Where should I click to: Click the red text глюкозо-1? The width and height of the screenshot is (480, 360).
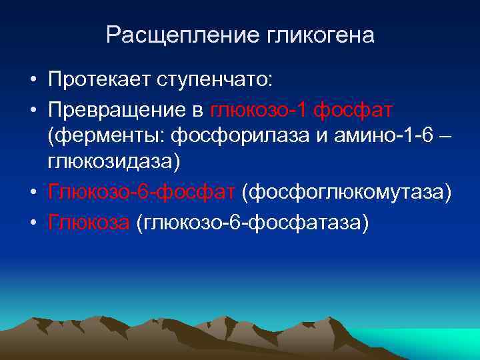click(259, 109)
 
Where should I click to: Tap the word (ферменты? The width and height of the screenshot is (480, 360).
click(107, 137)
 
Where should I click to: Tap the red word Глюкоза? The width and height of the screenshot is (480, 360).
click(89, 221)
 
